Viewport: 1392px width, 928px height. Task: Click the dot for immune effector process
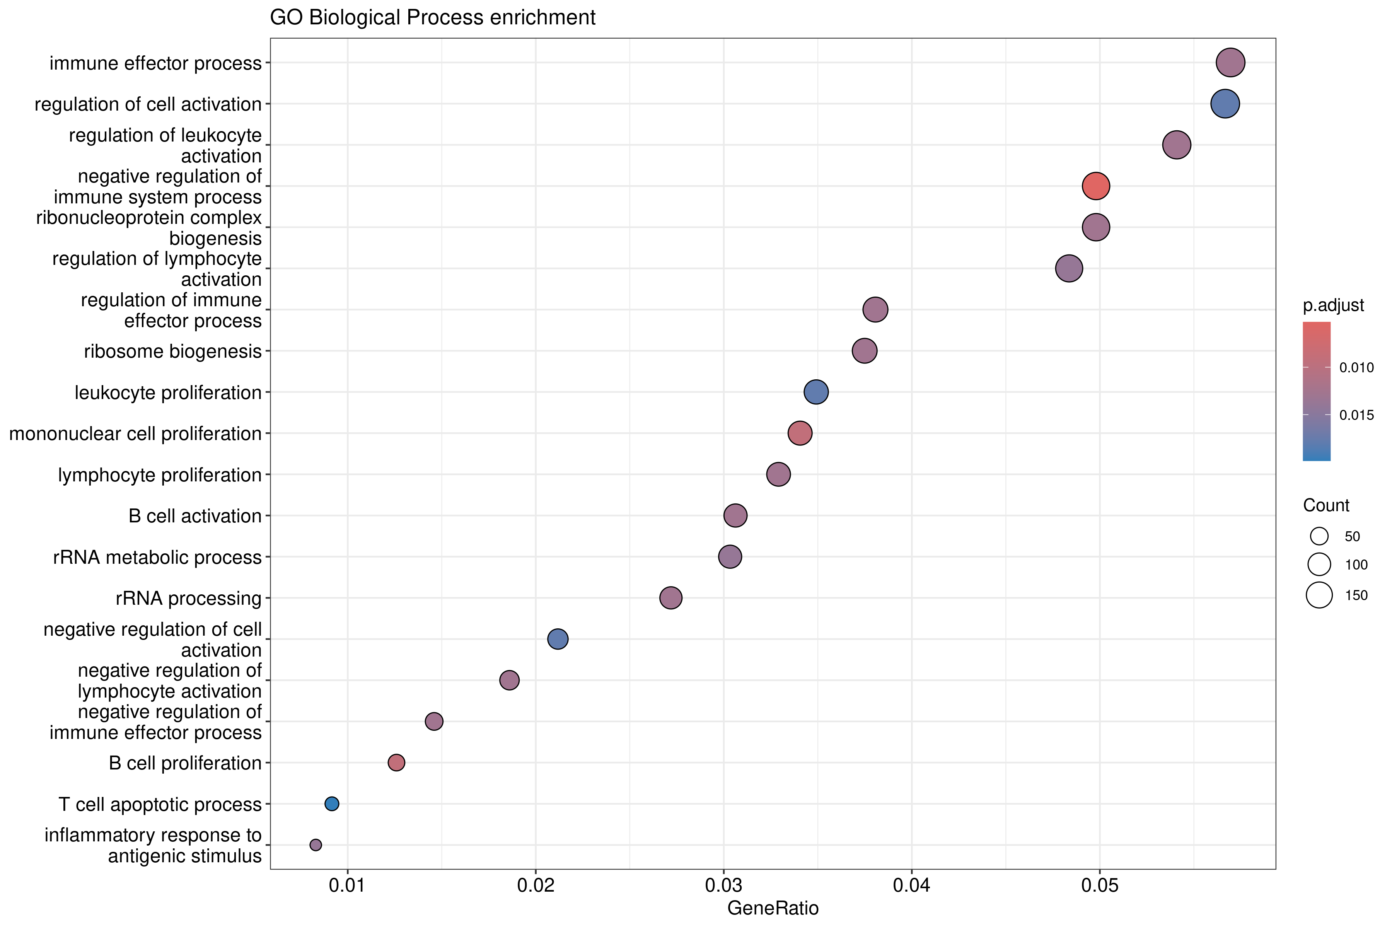1230,63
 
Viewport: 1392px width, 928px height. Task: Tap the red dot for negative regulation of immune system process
1095,186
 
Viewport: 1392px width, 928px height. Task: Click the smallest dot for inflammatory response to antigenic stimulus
316,844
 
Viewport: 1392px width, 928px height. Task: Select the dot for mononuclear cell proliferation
800,433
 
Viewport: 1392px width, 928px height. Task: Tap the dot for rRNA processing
670,598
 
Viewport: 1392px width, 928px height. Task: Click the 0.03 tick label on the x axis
723,885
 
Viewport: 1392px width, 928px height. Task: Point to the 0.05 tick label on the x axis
1100,885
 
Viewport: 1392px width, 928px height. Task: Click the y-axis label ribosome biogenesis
173,351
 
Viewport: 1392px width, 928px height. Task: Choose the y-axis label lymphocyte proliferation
160,475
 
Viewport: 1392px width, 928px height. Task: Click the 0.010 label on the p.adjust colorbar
1356,368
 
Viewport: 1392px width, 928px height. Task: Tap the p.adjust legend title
1333,305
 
